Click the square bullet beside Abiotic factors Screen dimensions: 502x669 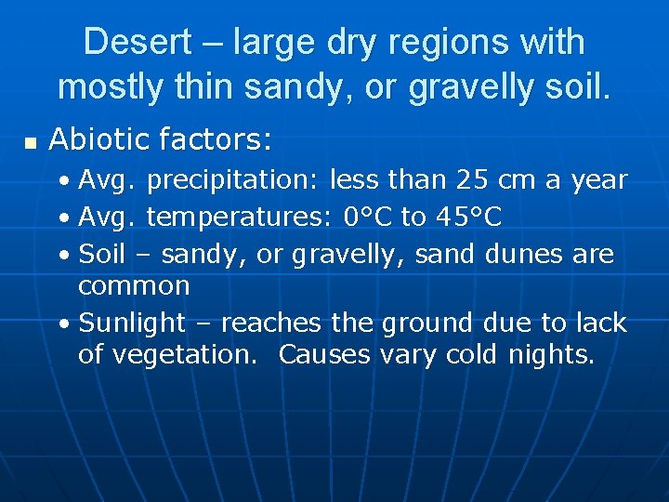tap(30, 144)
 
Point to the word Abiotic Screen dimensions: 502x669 tap(99, 140)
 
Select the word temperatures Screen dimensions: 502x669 tap(240, 218)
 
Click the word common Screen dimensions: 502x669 tap(134, 286)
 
